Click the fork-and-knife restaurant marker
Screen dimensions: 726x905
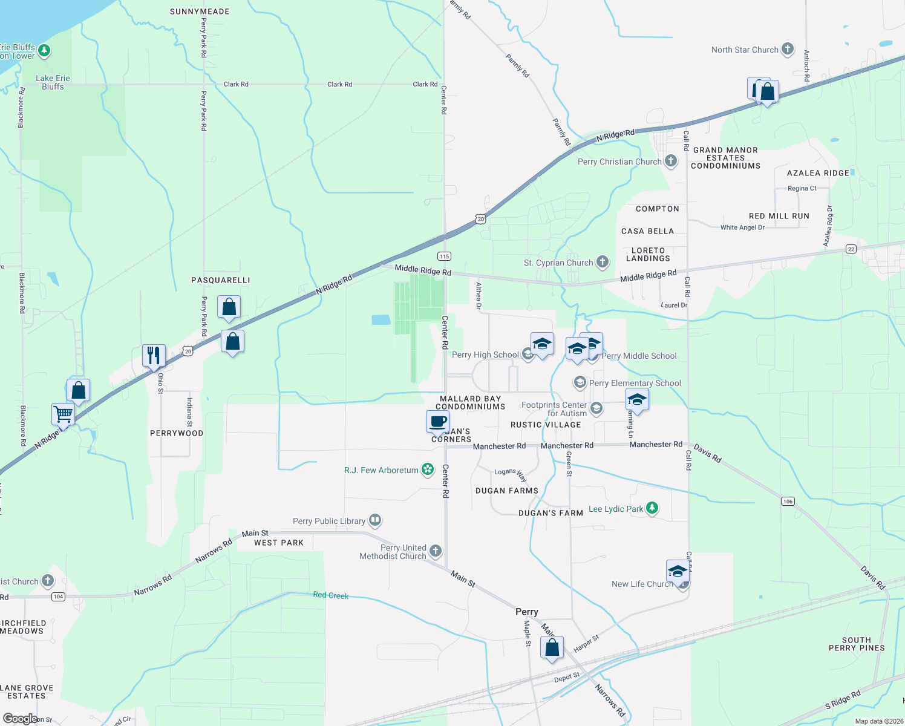click(154, 355)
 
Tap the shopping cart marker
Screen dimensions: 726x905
click(63, 414)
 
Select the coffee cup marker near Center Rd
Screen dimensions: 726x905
click(437, 422)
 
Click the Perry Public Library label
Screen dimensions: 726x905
click(329, 521)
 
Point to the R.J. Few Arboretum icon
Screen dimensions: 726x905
click(428, 469)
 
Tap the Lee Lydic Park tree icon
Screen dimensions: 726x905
click(652, 508)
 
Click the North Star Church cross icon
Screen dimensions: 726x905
click(787, 49)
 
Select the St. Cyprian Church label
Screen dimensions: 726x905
click(558, 263)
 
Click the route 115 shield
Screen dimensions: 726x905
click(445, 256)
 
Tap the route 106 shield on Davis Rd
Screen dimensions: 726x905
click(788, 501)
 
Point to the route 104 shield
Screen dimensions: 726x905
click(58, 597)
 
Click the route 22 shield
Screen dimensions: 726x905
click(851, 249)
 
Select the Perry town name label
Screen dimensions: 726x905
click(527, 612)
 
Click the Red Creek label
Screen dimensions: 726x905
click(331, 595)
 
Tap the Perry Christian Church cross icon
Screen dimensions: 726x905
click(671, 161)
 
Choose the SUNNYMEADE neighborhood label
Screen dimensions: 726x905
click(200, 11)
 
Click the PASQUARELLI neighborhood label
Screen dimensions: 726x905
click(221, 280)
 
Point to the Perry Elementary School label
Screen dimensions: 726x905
click(635, 383)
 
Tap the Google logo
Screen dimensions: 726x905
click(20, 718)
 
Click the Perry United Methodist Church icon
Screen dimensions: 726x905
click(436, 551)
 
